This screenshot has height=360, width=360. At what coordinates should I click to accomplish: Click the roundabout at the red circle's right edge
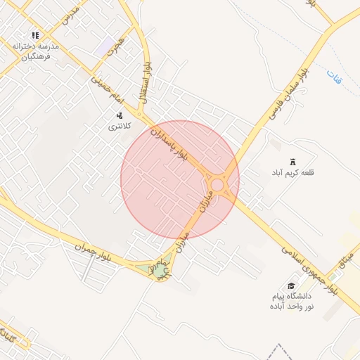pyautogui.click(x=218, y=186)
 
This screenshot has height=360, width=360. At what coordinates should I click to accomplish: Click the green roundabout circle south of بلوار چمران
pyautogui.click(x=161, y=269)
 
